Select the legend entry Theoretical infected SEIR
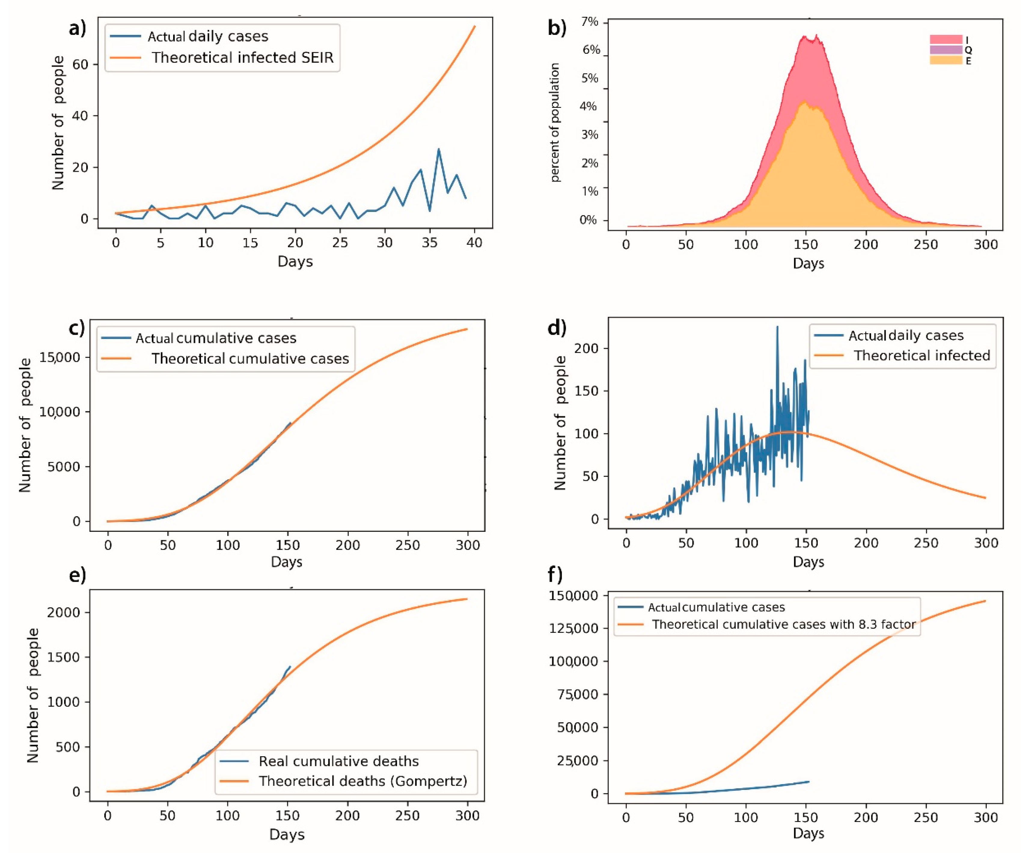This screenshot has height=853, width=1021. [x=242, y=57]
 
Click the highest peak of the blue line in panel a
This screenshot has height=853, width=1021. [x=439, y=149]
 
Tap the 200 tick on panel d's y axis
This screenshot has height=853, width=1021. [x=586, y=348]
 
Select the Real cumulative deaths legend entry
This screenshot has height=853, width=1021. [x=338, y=761]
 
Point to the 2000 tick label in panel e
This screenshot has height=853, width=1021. [x=63, y=612]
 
